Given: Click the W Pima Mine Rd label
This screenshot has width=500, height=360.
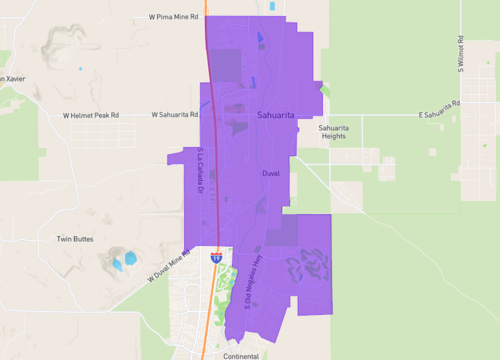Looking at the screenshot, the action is (174, 17).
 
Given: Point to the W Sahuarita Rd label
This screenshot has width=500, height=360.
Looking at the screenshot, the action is (176, 115).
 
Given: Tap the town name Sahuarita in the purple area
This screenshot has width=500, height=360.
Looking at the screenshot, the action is (276, 115).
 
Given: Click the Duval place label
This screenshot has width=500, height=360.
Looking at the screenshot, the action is (270, 173).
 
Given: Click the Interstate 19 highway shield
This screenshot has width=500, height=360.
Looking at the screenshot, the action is (215, 257).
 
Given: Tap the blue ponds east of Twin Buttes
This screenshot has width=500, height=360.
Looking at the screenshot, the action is (124, 262).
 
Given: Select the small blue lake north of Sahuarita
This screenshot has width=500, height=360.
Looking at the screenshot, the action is (260, 39).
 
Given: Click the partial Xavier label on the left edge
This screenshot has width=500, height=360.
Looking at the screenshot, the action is (10, 79).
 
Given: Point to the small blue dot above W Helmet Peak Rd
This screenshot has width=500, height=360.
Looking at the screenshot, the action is (80, 69).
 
